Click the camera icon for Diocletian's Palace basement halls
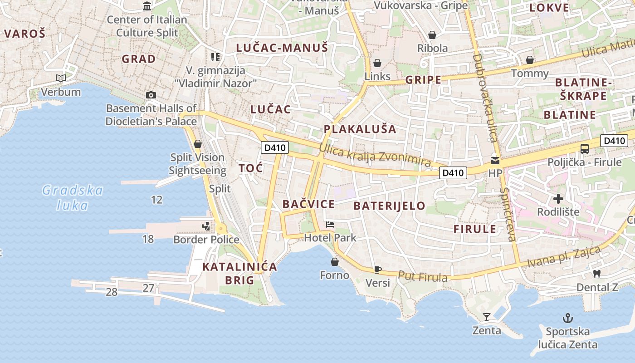tap(151, 95)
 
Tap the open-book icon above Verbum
tap(60, 78)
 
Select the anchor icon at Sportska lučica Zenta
tap(567, 318)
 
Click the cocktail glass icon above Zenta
tap(487, 317)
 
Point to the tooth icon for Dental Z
tap(597, 274)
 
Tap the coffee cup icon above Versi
tap(377, 270)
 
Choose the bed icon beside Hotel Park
tap(330, 225)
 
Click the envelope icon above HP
tap(495, 160)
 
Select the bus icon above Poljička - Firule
tap(585, 148)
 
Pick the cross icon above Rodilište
tap(558, 198)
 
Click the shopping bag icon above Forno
tap(335, 262)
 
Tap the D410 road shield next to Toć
tap(275, 147)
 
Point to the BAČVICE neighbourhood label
tap(308, 204)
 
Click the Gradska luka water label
tap(73, 198)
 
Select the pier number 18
tap(148, 239)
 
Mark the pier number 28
tap(112, 292)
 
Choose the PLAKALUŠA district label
tap(360, 129)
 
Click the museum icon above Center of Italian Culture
tap(147, 6)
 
